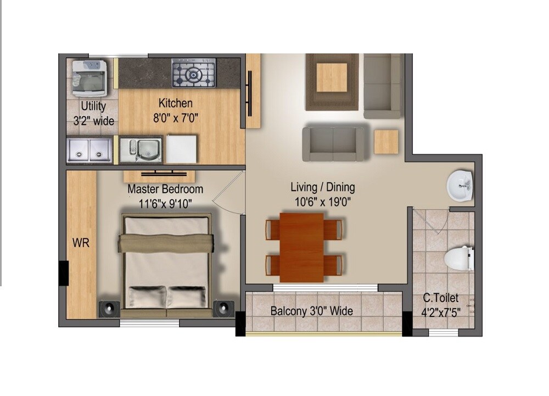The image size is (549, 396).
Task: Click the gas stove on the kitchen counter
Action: coord(194,75)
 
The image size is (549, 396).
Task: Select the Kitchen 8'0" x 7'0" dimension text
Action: coord(176,117)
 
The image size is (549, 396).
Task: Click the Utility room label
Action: coord(93,107)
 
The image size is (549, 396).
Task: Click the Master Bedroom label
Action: coord(165,189)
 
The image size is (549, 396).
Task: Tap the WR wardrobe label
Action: coord(81,242)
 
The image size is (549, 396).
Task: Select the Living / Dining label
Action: coord(323,187)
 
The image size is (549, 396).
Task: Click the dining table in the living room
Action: coord(302,246)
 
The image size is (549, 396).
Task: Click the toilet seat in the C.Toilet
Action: coord(459,259)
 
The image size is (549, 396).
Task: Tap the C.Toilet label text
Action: coord(440,299)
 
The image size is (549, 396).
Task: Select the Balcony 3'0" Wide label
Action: coord(312,311)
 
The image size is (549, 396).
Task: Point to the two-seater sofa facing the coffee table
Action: coord(333,144)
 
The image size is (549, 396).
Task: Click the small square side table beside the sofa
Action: coord(386,142)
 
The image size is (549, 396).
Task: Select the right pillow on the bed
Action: coord(187,297)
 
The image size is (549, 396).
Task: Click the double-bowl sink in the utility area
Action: coord(89,150)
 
